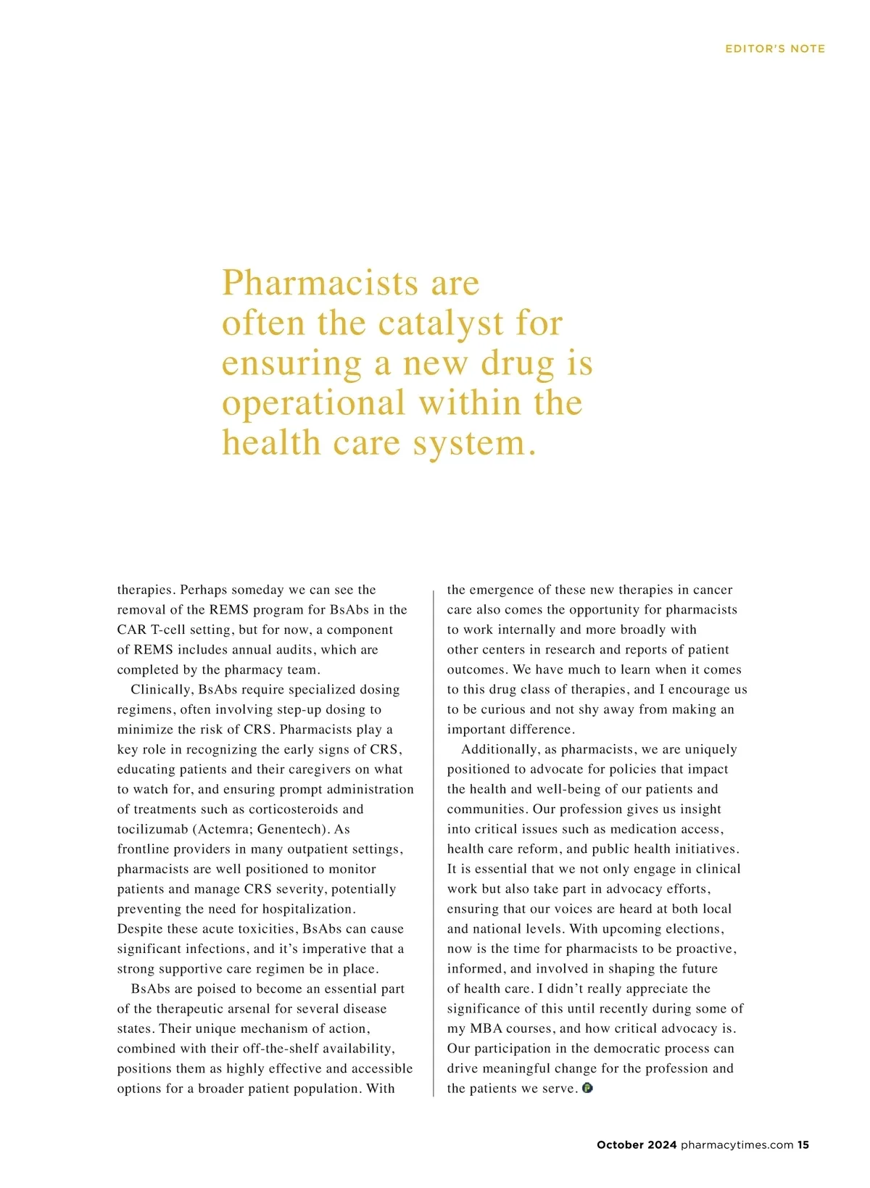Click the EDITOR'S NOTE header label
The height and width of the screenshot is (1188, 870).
[775, 49]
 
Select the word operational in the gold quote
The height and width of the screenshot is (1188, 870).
[313, 403]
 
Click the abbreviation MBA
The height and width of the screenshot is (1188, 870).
[486, 1028]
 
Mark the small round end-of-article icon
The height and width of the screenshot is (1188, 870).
[587, 1088]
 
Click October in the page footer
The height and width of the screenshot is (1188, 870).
[620, 1145]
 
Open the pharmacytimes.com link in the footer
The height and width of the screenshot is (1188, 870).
[737, 1145]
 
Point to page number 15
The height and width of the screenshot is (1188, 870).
[803, 1145]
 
